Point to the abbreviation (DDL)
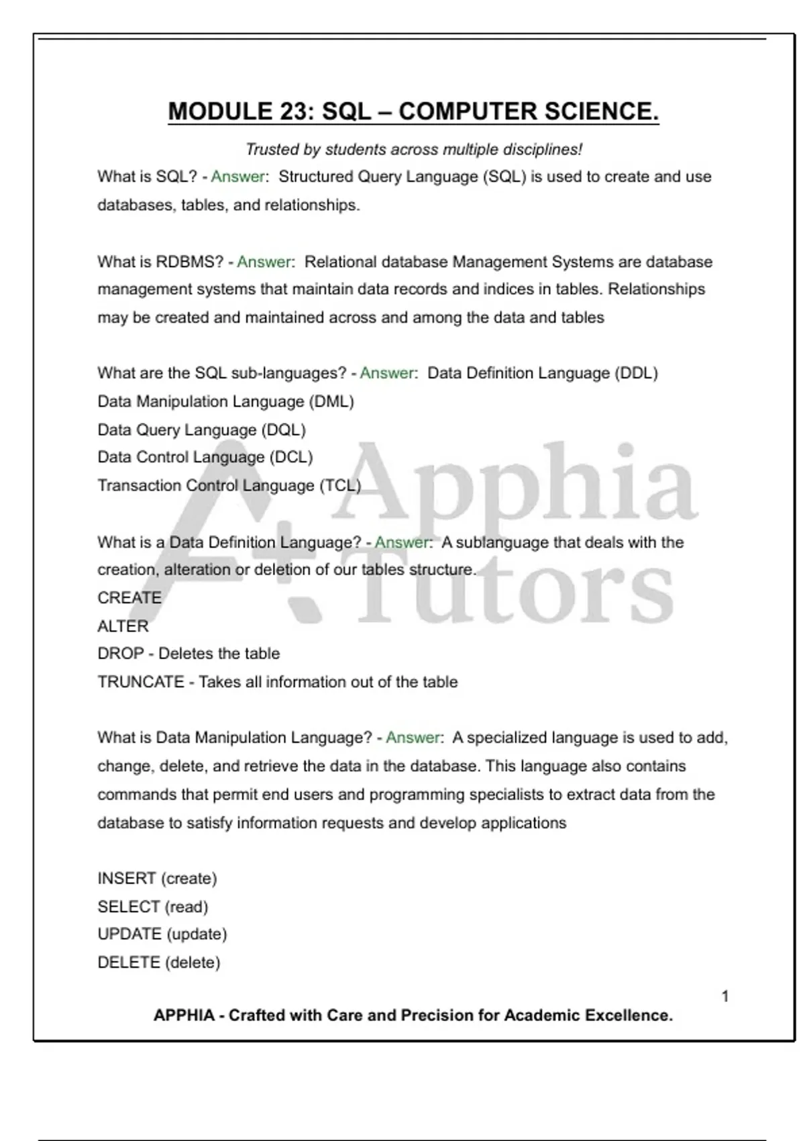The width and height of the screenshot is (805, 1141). point(636,373)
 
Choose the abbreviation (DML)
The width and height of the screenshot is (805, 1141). point(331,401)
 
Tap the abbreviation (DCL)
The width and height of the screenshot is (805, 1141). point(291,457)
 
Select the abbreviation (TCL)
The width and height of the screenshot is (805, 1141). point(340,485)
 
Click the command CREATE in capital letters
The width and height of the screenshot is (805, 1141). point(129,598)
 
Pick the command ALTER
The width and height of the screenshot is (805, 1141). point(123,626)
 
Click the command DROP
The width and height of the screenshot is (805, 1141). point(121,654)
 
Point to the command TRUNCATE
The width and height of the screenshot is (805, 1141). point(141,682)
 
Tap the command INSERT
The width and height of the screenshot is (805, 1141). point(127,879)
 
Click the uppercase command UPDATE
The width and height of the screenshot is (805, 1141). point(129,934)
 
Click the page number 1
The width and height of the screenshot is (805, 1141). point(725,997)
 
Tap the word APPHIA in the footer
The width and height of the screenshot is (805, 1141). point(184,1015)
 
